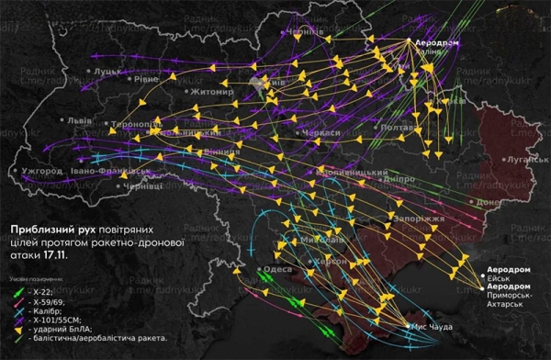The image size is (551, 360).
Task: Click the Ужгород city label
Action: [40, 171]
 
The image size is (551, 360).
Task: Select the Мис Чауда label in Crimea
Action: [433, 326]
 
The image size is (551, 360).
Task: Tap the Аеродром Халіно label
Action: [436, 47]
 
